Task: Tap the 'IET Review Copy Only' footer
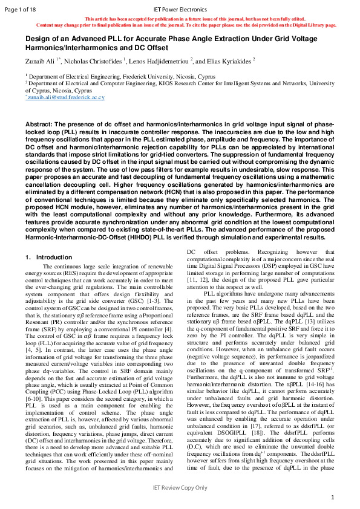point(180,487)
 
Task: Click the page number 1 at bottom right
point(332,497)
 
